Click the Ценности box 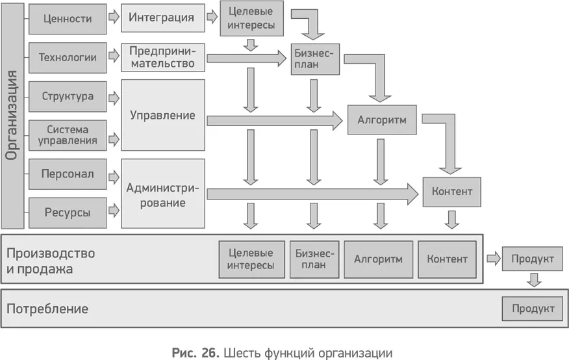point(68,19)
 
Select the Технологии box point(68,57)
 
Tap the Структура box point(68,97)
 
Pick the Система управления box point(68,135)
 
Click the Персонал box point(68,174)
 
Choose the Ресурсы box point(68,212)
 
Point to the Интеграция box point(161,18)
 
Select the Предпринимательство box point(162,57)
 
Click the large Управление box point(162,115)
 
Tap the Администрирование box point(162,194)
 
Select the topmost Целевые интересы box point(247,19)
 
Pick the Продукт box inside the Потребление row point(532,308)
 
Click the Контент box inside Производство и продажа point(447,259)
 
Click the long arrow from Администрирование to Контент point(312,193)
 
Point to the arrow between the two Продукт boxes point(533,279)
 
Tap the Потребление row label point(47,309)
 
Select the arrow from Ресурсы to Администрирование point(114,210)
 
